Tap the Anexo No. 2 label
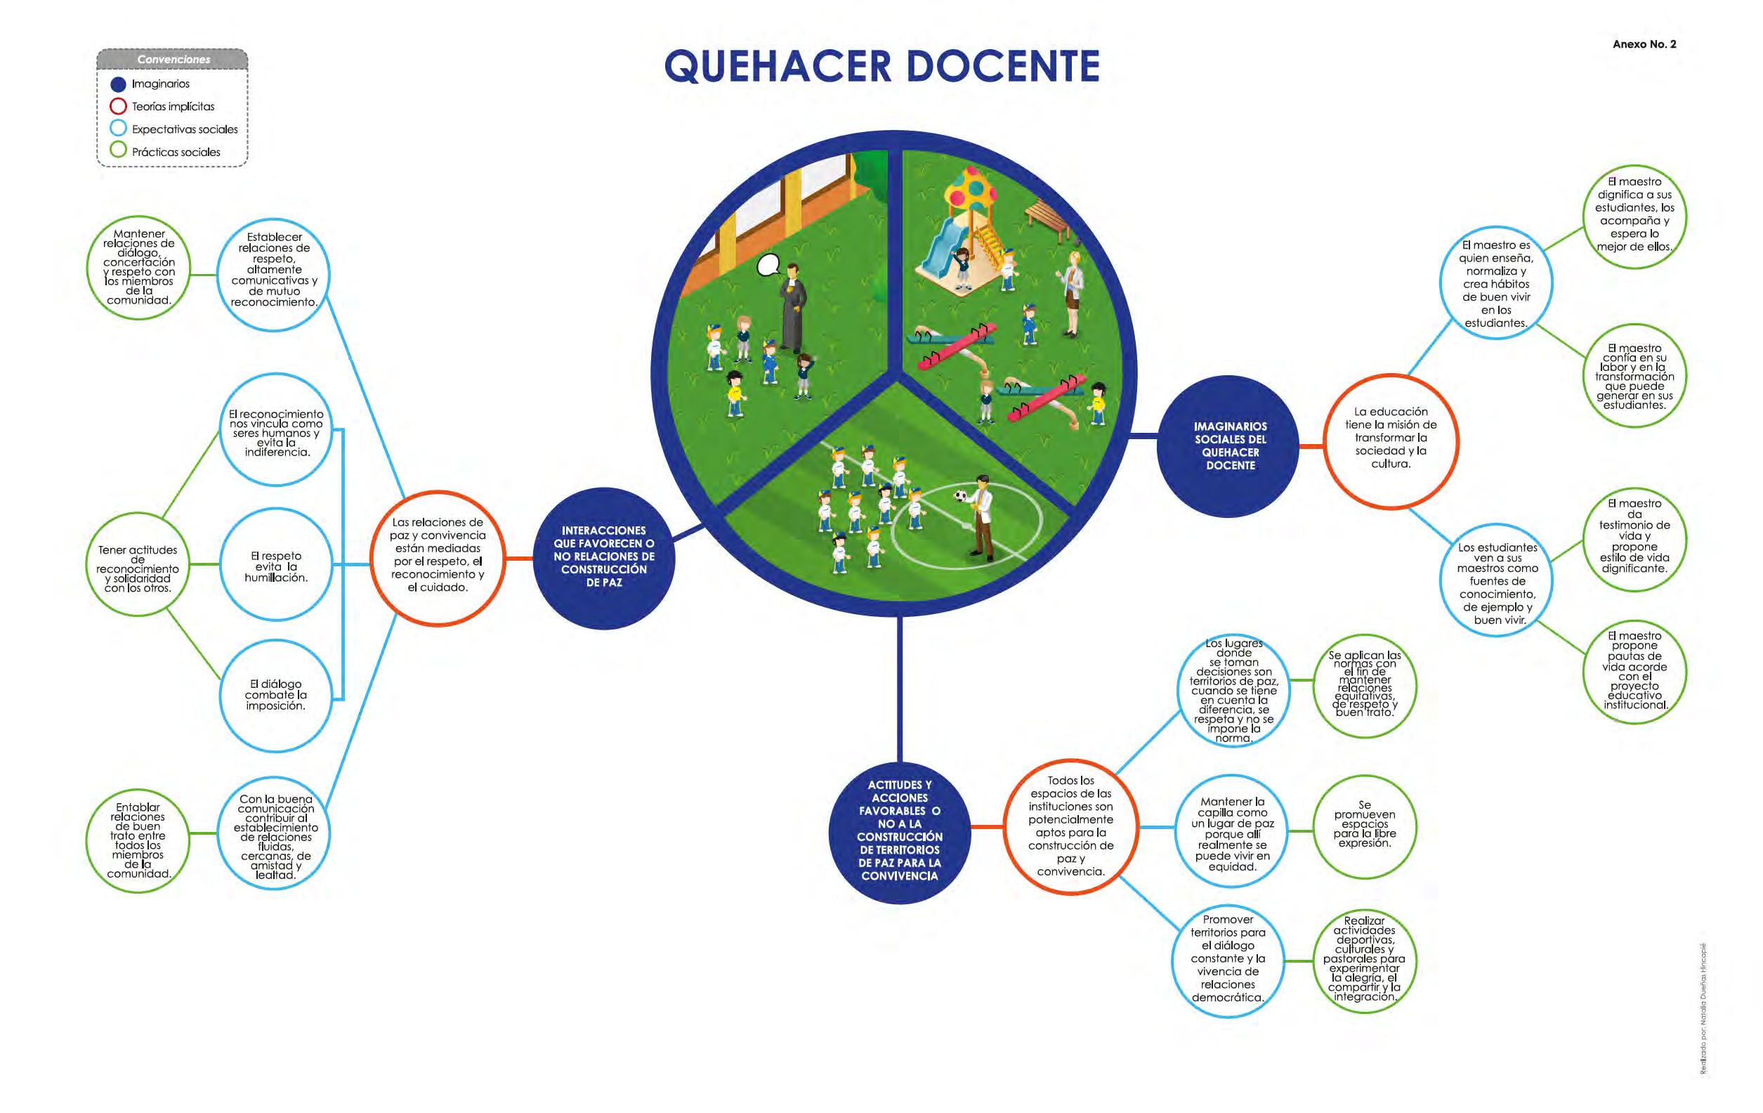1644,44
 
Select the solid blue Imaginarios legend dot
118,84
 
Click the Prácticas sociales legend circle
118,151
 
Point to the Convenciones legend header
173,59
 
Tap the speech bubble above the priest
768,264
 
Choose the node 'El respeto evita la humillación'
275,566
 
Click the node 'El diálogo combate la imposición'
275,695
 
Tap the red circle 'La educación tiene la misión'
1390,439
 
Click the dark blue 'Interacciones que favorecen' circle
603,557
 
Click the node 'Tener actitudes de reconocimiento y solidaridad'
138,568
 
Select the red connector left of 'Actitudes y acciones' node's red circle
987,828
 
